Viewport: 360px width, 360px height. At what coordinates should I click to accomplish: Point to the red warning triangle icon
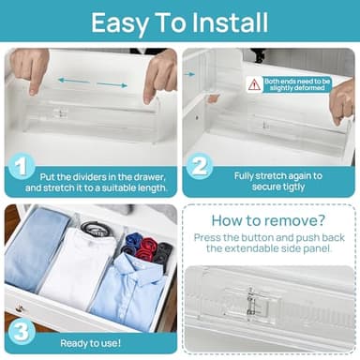[x=254, y=84]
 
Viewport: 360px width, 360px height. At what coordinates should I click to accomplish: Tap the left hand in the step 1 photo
[x=31, y=68]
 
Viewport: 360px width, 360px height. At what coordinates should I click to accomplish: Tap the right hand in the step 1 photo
[x=159, y=73]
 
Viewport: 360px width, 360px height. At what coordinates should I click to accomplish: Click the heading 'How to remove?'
[x=268, y=221]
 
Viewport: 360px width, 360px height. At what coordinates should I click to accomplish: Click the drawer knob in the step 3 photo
[x=15, y=309]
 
